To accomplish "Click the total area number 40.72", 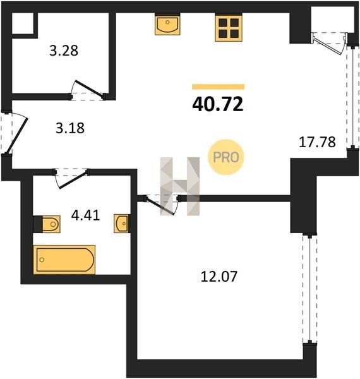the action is tap(218, 104).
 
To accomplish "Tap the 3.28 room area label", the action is tap(64, 51).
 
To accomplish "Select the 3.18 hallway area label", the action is tap(70, 128).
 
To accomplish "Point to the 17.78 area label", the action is tap(317, 142).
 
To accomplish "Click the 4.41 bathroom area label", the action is tap(85, 215).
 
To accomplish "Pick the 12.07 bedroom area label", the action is tap(219, 277).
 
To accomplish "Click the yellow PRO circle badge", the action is tap(226, 157).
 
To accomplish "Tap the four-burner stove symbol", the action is tap(229, 28).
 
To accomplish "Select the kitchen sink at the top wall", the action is tap(167, 25).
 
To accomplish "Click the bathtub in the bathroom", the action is tap(64, 260).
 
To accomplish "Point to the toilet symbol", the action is tap(51, 224).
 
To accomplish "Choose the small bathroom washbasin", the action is tap(121, 224).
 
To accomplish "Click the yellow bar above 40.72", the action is tap(218, 87).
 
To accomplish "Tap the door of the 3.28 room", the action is tap(88, 89).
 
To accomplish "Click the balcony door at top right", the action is tap(328, 45).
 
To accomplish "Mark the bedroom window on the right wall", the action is tap(309, 289).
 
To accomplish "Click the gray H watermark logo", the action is tap(180, 186).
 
